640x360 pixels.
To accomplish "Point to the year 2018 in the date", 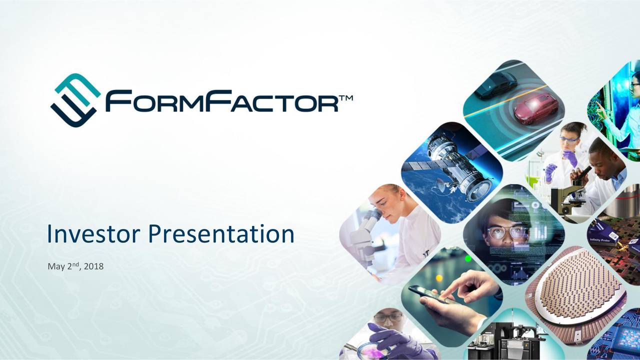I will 93,267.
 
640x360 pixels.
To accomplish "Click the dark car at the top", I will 495,84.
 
